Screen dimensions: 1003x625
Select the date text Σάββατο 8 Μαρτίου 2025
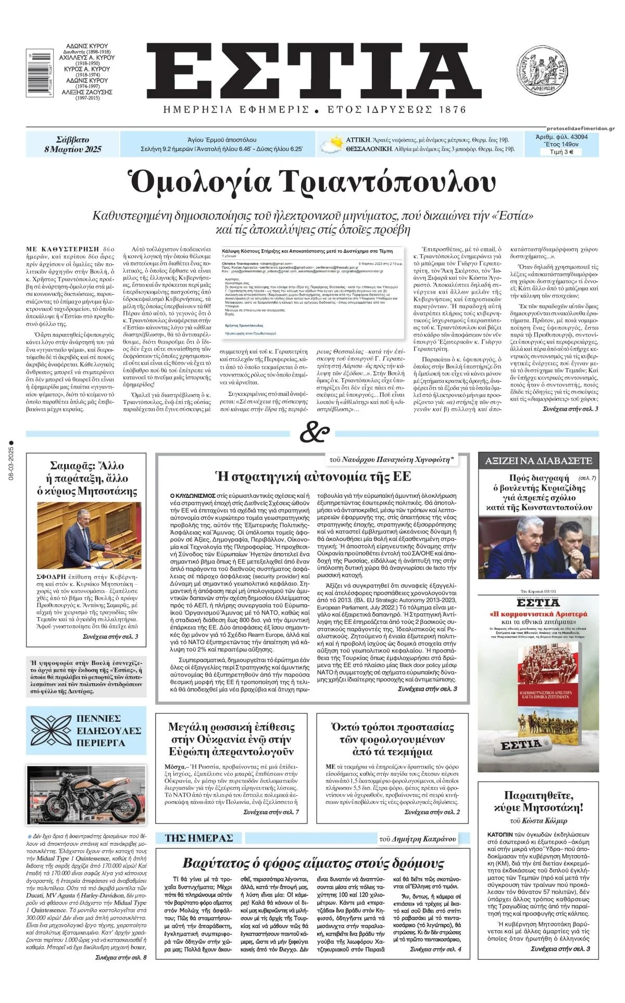point(73,144)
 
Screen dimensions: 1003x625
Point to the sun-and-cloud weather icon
point(331,145)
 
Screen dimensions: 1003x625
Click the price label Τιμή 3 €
point(561,152)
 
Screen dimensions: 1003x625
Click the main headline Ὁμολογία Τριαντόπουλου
point(312,182)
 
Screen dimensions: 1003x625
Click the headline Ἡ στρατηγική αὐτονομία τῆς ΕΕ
point(313,476)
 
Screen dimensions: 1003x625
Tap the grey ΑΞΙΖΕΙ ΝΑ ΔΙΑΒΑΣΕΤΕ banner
point(539,460)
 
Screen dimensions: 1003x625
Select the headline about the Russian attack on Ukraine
point(231,739)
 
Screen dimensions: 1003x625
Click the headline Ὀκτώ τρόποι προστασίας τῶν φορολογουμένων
point(392,739)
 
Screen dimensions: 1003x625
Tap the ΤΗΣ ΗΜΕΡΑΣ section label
point(198,838)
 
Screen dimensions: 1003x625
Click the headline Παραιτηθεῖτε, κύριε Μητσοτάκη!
point(539,801)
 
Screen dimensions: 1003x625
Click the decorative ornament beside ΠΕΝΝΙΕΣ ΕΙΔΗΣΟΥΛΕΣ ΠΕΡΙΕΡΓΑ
point(51,731)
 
